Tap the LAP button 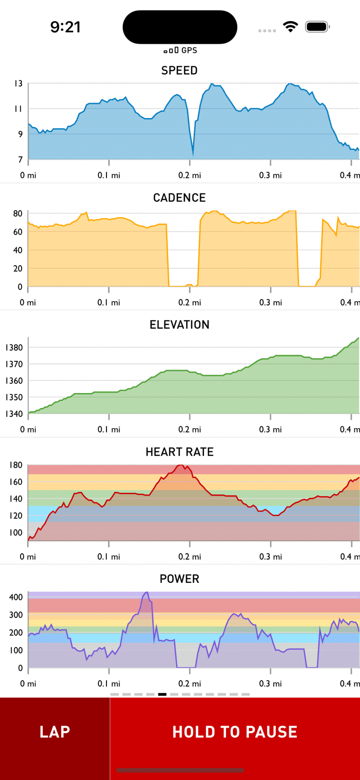55,732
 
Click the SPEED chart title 180,71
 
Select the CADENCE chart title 180,198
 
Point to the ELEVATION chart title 180,325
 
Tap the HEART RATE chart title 180,452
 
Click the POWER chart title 180,579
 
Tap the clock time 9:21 66,27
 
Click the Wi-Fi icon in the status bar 291,27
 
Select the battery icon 317,27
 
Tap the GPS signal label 180,50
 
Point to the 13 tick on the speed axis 18,83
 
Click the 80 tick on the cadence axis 17,214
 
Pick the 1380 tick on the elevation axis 14,348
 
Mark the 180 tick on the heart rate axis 15,465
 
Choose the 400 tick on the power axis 15,597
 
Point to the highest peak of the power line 147,593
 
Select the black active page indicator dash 162,694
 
